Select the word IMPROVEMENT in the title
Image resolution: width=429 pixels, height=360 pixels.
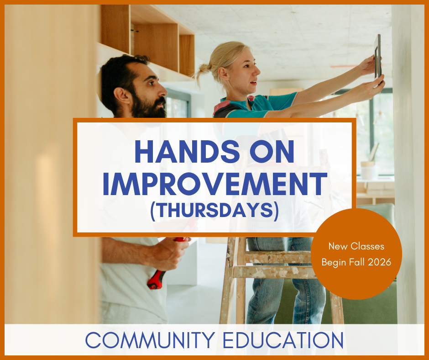(214, 184)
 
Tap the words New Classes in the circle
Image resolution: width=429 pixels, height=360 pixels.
(356, 246)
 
